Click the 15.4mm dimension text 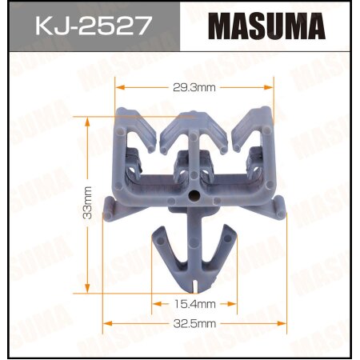pos(194,305)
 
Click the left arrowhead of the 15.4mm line pos(155,305)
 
